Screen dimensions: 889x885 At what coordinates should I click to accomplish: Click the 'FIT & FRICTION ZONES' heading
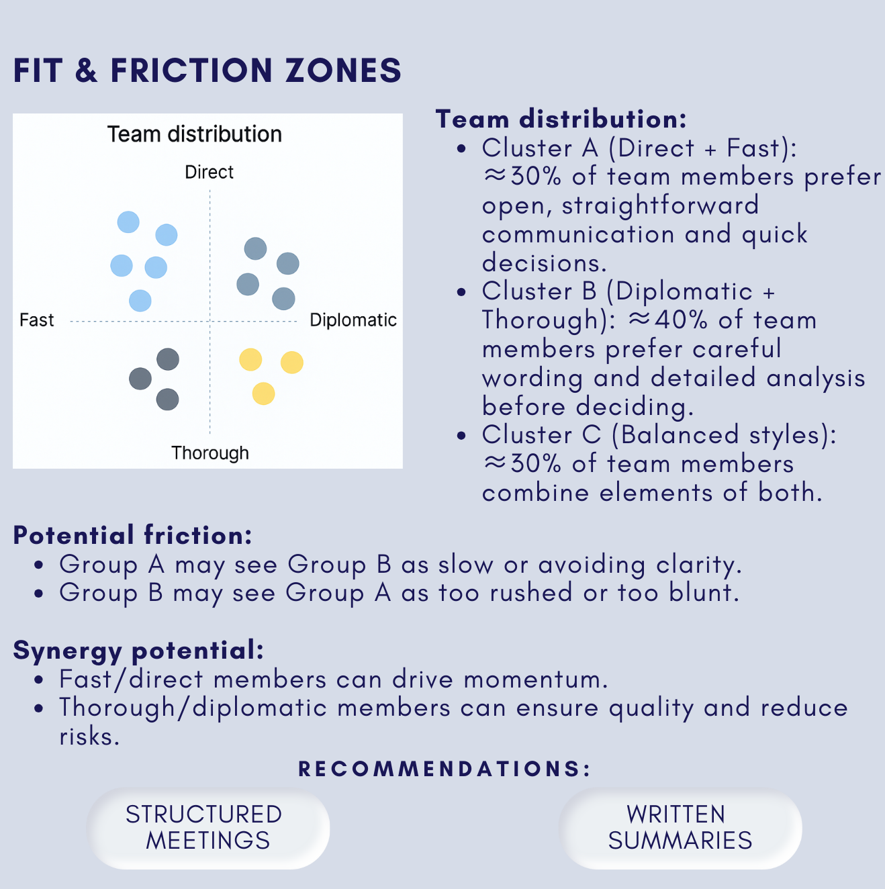point(207,71)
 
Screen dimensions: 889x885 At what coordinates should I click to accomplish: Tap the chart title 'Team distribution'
point(195,134)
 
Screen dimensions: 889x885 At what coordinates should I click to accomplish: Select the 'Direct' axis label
point(209,173)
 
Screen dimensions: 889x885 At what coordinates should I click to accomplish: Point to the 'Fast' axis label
point(36,320)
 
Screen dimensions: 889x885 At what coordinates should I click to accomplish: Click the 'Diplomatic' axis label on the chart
point(353,320)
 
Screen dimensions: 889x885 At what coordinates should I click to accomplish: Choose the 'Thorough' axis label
point(210,453)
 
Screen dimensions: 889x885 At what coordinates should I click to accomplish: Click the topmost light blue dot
point(128,222)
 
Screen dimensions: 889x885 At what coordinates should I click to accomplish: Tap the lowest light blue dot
point(140,300)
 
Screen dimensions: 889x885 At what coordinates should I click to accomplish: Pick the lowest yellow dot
point(263,393)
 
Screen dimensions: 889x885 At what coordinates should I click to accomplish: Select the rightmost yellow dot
point(291,363)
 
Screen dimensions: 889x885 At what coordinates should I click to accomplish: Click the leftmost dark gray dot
point(140,379)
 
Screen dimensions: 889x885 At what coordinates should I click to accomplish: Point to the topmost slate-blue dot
point(255,248)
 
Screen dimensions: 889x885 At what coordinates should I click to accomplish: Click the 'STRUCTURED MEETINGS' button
point(208,828)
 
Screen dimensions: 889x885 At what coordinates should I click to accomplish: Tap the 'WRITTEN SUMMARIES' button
point(680,828)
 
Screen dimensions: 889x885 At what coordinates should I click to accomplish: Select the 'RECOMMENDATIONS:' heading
point(444,769)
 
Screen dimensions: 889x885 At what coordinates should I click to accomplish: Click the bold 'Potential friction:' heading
point(132,536)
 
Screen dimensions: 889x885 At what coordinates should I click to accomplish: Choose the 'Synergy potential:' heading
point(138,651)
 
